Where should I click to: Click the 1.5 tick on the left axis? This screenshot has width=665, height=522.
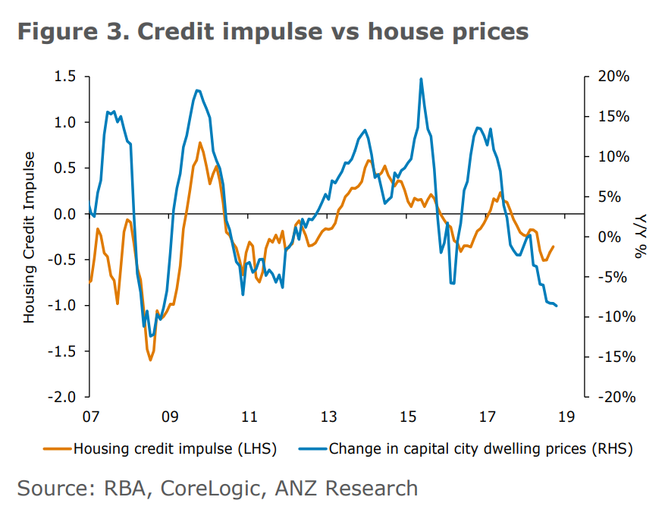click(65, 77)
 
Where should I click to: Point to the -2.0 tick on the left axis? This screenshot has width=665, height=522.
click(64, 397)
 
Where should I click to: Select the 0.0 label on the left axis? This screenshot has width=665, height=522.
click(65, 214)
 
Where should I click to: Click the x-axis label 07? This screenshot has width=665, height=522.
click(90, 417)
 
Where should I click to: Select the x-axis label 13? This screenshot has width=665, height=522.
click(328, 417)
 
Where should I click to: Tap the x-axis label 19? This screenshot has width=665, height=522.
click(566, 417)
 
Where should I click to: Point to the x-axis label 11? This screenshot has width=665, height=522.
click(249, 417)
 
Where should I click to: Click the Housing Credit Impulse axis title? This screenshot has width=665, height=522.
click(29, 237)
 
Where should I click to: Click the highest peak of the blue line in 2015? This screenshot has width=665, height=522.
click(421, 79)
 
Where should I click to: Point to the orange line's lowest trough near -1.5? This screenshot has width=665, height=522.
click(150, 360)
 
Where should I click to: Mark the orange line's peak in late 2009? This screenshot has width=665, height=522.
click(199, 143)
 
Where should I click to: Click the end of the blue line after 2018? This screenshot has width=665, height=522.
click(557, 306)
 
